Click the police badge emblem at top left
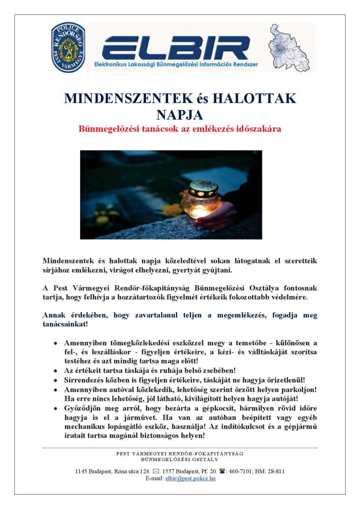pos(68,47)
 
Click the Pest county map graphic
pos(292,48)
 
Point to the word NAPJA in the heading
pos(180,115)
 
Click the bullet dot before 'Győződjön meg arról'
pos(56,408)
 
